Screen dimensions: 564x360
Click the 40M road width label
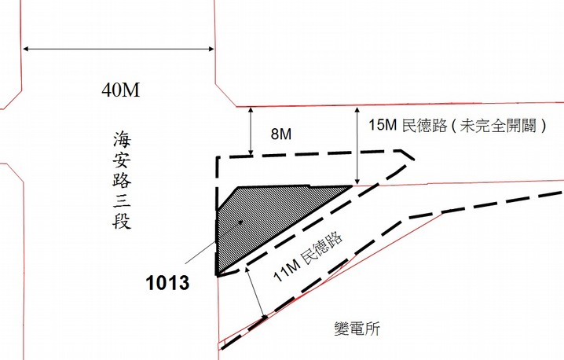tap(120, 90)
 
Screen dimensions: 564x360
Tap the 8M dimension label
tap(281, 134)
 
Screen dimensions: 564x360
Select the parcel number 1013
tap(167, 283)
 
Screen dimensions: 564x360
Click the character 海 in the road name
tap(122, 139)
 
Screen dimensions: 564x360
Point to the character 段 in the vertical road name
tap(122, 220)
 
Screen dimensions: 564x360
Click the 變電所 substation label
tap(357, 329)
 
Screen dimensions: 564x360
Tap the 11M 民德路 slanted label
tap(308, 256)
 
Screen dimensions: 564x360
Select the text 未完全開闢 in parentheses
tap(499, 125)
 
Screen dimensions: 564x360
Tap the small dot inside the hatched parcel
tap(241, 222)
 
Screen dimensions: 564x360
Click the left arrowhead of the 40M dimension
tap(26, 49)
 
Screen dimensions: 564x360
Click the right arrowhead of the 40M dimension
tap(211, 49)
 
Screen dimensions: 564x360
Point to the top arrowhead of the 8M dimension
tap(251, 110)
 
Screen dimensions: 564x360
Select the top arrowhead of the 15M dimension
tap(357, 110)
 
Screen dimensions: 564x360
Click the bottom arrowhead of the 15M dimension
tap(357, 182)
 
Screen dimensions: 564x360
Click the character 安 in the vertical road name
tap(122, 159)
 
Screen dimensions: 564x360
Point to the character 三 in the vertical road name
tap(122, 199)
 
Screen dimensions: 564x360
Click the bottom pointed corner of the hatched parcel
tap(218, 276)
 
